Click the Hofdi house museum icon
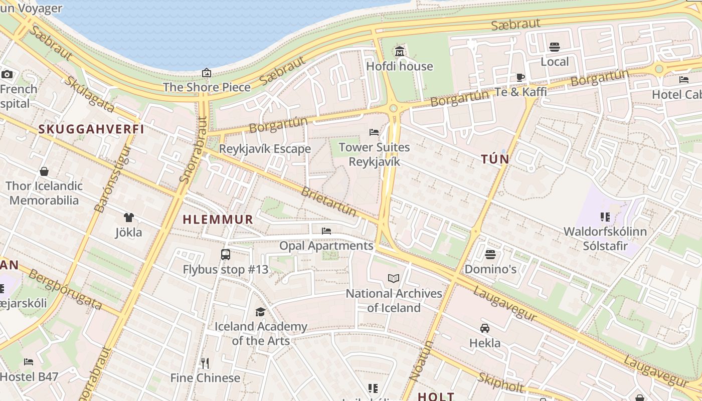click(400, 51)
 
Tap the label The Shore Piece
click(207, 87)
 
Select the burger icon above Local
click(555, 47)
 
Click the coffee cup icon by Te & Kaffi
click(520, 78)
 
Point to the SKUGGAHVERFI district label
click(91, 129)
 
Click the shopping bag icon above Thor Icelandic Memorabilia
click(44, 171)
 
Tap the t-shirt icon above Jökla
click(129, 218)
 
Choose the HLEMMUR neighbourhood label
click(218, 220)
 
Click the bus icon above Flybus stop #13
click(226, 255)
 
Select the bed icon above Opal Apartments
click(326, 231)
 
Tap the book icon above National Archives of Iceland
click(394, 278)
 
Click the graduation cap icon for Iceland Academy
click(260, 312)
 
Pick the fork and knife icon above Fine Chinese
click(205, 363)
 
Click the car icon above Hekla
click(485, 328)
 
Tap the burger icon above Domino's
click(490, 255)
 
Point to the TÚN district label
click(495, 159)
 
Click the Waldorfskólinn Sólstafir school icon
click(605, 217)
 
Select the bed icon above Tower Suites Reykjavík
click(374, 132)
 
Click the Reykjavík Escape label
click(265, 149)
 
